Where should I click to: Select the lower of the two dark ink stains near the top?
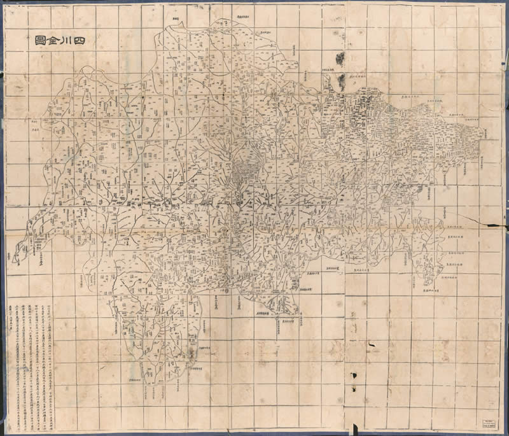pos(342,81)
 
